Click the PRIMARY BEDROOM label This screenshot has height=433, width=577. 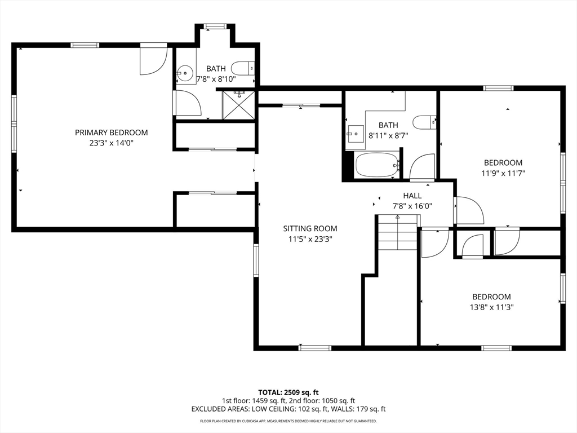(111, 132)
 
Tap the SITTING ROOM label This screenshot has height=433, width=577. (310, 229)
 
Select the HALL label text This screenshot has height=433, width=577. (412, 196)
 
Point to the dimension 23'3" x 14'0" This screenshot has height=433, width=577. (111, 143)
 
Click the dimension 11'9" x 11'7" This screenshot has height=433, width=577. (503, 173)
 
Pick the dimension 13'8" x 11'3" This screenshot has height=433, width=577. (491, 307)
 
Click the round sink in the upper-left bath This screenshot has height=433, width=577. (185, 73)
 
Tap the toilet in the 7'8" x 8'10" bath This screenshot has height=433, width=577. (243, 68)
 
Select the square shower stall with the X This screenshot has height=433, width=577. (238, 105)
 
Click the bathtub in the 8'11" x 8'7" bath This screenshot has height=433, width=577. (377, 165)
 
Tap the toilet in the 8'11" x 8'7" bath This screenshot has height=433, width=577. (424, 122)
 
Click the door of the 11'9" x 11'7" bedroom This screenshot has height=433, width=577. (468, 210)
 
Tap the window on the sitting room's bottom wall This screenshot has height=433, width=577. (315, 347)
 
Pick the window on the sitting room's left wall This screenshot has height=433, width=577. (256, 260)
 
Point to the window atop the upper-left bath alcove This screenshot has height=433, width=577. (215, 26)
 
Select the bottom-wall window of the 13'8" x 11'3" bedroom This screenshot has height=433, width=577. (496, 347)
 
